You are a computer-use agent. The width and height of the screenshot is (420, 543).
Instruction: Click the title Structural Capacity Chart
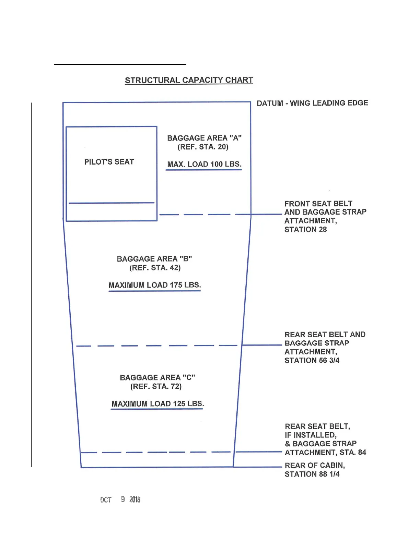coord(189,80)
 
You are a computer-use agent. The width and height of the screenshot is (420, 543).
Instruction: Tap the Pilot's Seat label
coord(109,162)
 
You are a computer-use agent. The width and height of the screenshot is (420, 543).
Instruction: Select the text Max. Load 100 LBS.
coord(204,164)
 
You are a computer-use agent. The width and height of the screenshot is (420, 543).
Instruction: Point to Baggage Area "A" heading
coord(204,138)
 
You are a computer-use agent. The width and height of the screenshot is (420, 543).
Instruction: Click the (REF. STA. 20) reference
coord(203,147)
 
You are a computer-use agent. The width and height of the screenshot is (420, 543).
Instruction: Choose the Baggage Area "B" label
coord(154,259)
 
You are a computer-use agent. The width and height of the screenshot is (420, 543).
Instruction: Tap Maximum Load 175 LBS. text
coord(155,285)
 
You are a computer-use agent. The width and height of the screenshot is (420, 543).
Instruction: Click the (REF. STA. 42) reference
coord(155,268)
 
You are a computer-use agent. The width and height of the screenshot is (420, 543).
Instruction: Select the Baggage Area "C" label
coord(157,377)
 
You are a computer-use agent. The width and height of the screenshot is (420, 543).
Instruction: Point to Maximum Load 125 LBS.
coord(157,403)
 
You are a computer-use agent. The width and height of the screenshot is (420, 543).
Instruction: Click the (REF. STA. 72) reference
coord(156,386)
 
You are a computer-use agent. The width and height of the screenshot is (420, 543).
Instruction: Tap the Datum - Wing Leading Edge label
coord(312,103)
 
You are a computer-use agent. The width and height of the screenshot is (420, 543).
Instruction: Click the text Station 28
coord(305,230)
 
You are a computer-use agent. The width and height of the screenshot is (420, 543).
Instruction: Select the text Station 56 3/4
coord(312,360)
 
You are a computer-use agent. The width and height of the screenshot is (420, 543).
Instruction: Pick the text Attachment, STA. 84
coord(325,452)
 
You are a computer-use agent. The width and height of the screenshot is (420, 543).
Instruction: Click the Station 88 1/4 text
coord(312,474)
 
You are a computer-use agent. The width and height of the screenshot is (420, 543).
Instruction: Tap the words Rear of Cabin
coord(315,466)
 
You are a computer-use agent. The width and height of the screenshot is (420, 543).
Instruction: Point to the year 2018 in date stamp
coord(135,499)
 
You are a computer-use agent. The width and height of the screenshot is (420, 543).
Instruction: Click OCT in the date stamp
coord(106,500)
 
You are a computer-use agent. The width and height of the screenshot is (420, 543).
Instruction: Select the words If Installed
coord(311,435)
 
